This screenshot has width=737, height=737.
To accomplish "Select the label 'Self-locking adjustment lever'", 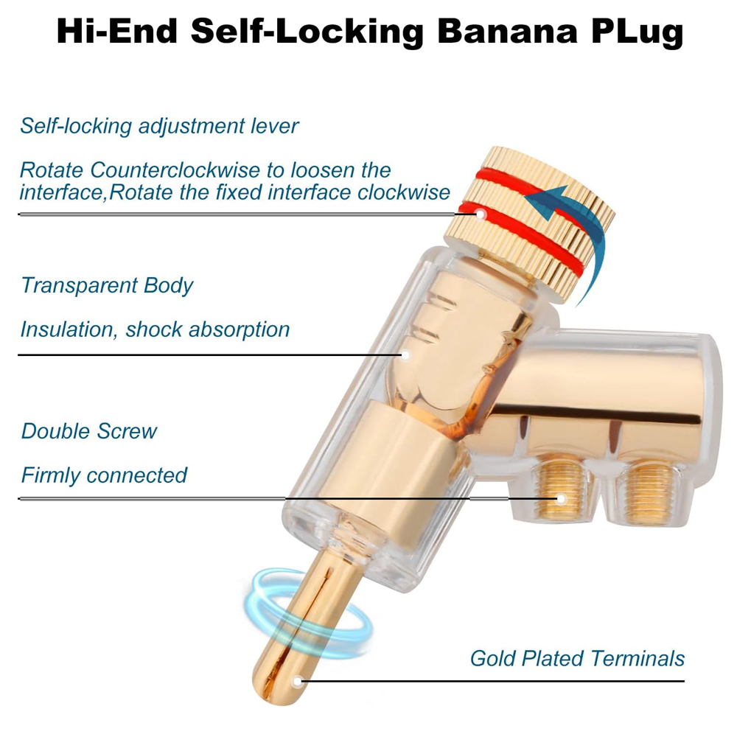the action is point(159,125).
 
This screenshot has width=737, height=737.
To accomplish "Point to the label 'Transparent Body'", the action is point(107,285).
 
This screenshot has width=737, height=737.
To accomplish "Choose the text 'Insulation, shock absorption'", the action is point(155,329).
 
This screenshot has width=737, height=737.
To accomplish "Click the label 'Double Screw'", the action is point(89,431).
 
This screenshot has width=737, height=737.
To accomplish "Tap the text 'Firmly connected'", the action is point(104,475).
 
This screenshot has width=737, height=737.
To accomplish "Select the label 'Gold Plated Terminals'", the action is point(577,658).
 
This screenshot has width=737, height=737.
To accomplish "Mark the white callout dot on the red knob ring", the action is point(480,214).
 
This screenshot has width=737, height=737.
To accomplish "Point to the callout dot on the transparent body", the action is point(405,354).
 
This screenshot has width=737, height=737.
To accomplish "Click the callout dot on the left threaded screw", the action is point(560,499).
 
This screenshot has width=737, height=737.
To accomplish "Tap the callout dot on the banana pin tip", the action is point(298,681).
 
